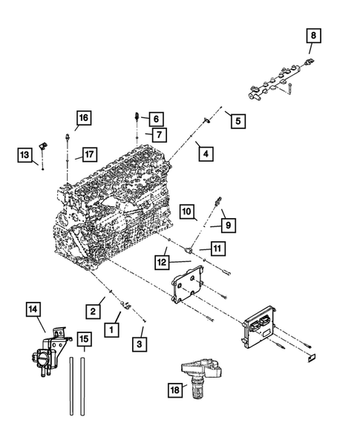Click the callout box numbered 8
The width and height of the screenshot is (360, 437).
point(314,35)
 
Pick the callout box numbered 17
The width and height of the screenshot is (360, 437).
point(88,154)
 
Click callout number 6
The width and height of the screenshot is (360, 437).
point(157,118)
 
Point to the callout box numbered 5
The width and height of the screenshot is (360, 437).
point(235,120)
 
